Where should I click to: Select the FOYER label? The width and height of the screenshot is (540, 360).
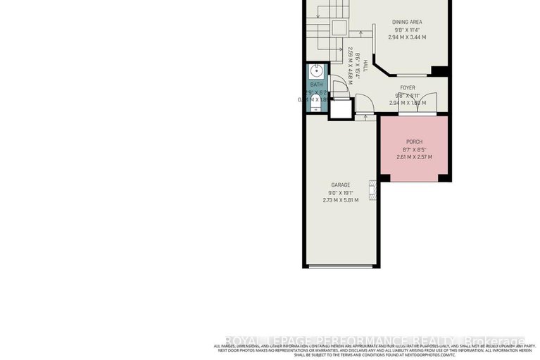pyautogui.click(x=408, y=88)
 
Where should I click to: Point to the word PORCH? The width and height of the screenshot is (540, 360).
pyautogui.click(x=414, y=142)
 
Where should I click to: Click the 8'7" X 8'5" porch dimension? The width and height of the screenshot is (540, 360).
pyautogui.click(x=414, y=149)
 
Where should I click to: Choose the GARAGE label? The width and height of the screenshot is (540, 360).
pyautogui.click(x=341, y=185)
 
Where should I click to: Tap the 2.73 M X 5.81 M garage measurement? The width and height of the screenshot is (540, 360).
pyautogui.click(x=341, y=200)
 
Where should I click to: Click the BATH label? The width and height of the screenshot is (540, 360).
pyautogui.click(x=316, y=85)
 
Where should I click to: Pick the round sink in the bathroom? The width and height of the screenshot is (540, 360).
pyautogui.click(x=316, y=70)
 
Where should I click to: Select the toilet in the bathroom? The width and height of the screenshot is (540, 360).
pyautogui.click(x=315, y=104)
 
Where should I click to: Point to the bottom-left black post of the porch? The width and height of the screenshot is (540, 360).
pyautogui.click(x=384, y=178)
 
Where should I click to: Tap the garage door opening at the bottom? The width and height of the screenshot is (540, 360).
pyautogui.click(x=341, y=266)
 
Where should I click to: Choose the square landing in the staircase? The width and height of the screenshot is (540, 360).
pyautogui.click(x=339, y=27)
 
